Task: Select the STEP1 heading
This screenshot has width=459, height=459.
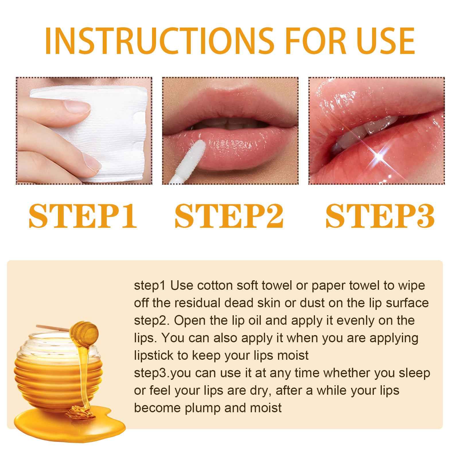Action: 83,216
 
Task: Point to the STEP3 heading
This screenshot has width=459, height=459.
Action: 380,216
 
